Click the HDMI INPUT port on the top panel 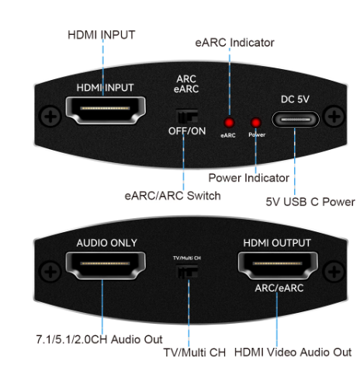point(106,110)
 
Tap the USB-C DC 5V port point(296,120)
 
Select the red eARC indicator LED point(229,123)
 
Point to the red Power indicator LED point(256,123)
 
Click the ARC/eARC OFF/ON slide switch point(187,116)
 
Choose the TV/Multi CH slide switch point(187,271)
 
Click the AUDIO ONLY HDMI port point(106,266)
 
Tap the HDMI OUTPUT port point(278,266)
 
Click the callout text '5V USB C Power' point(310,202)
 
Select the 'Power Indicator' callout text point(249,178)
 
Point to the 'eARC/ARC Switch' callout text point(173,196)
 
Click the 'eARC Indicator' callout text point(234,43)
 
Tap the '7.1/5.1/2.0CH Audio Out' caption point(99,339)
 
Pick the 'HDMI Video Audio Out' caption point(292,352)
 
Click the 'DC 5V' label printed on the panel point(295,99)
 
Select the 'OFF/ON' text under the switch point(187,131)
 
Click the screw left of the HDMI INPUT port point(50,116)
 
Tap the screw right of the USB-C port point(334,116)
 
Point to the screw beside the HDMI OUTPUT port point(334,272)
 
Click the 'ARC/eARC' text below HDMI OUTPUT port point(279,288)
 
